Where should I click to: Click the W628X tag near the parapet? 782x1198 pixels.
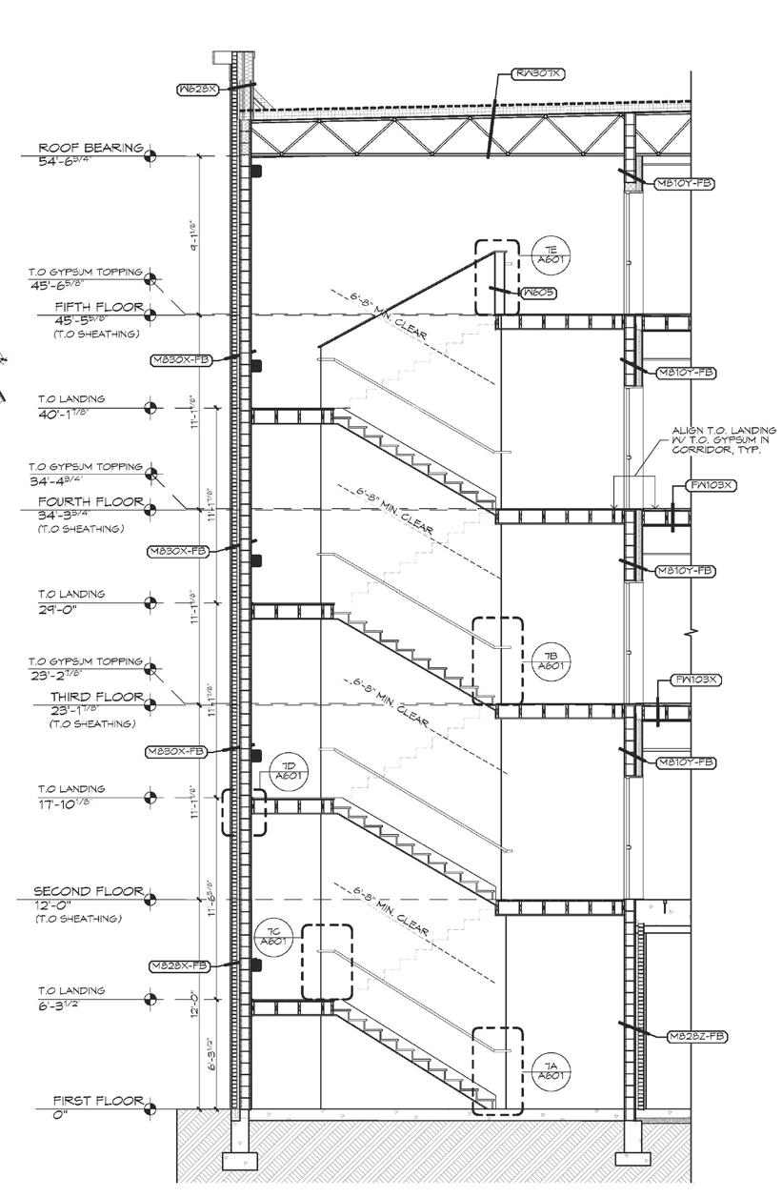(200, 91)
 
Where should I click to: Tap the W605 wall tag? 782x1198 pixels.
(539, 293)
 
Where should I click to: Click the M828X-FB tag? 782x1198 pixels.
(178, 965)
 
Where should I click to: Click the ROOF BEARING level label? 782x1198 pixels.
(90, 149)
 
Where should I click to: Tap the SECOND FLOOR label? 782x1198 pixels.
(89, 891)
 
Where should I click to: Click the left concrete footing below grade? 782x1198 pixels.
(238, 1161)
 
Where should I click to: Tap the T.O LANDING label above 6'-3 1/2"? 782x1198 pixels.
(70, 990)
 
